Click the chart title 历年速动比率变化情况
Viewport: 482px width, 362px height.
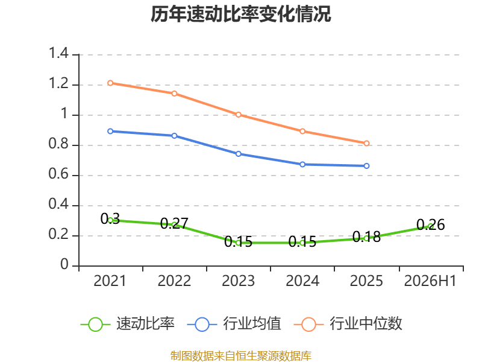240,14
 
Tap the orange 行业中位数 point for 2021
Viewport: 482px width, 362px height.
110,83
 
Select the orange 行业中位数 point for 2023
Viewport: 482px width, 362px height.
239,115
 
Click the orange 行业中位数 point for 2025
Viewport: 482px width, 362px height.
366,143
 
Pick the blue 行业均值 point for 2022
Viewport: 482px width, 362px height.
174,136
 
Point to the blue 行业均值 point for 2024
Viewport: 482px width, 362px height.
302,164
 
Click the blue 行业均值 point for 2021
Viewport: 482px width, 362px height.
110,131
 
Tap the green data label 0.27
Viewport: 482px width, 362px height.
174,223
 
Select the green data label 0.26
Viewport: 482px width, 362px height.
431,224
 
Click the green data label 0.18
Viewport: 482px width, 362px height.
366,237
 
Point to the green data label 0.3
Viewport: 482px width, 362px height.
110,219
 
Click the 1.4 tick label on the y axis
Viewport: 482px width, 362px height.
58,53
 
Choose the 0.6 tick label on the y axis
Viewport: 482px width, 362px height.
58,174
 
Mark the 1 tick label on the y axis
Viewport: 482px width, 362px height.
64,113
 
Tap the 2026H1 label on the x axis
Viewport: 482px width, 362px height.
430,281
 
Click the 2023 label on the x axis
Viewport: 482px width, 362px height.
238,281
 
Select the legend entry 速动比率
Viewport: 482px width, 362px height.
128,324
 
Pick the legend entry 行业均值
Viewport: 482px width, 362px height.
234,324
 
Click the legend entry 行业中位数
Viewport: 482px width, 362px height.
348,324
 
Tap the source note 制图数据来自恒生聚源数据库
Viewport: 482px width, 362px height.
240,355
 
